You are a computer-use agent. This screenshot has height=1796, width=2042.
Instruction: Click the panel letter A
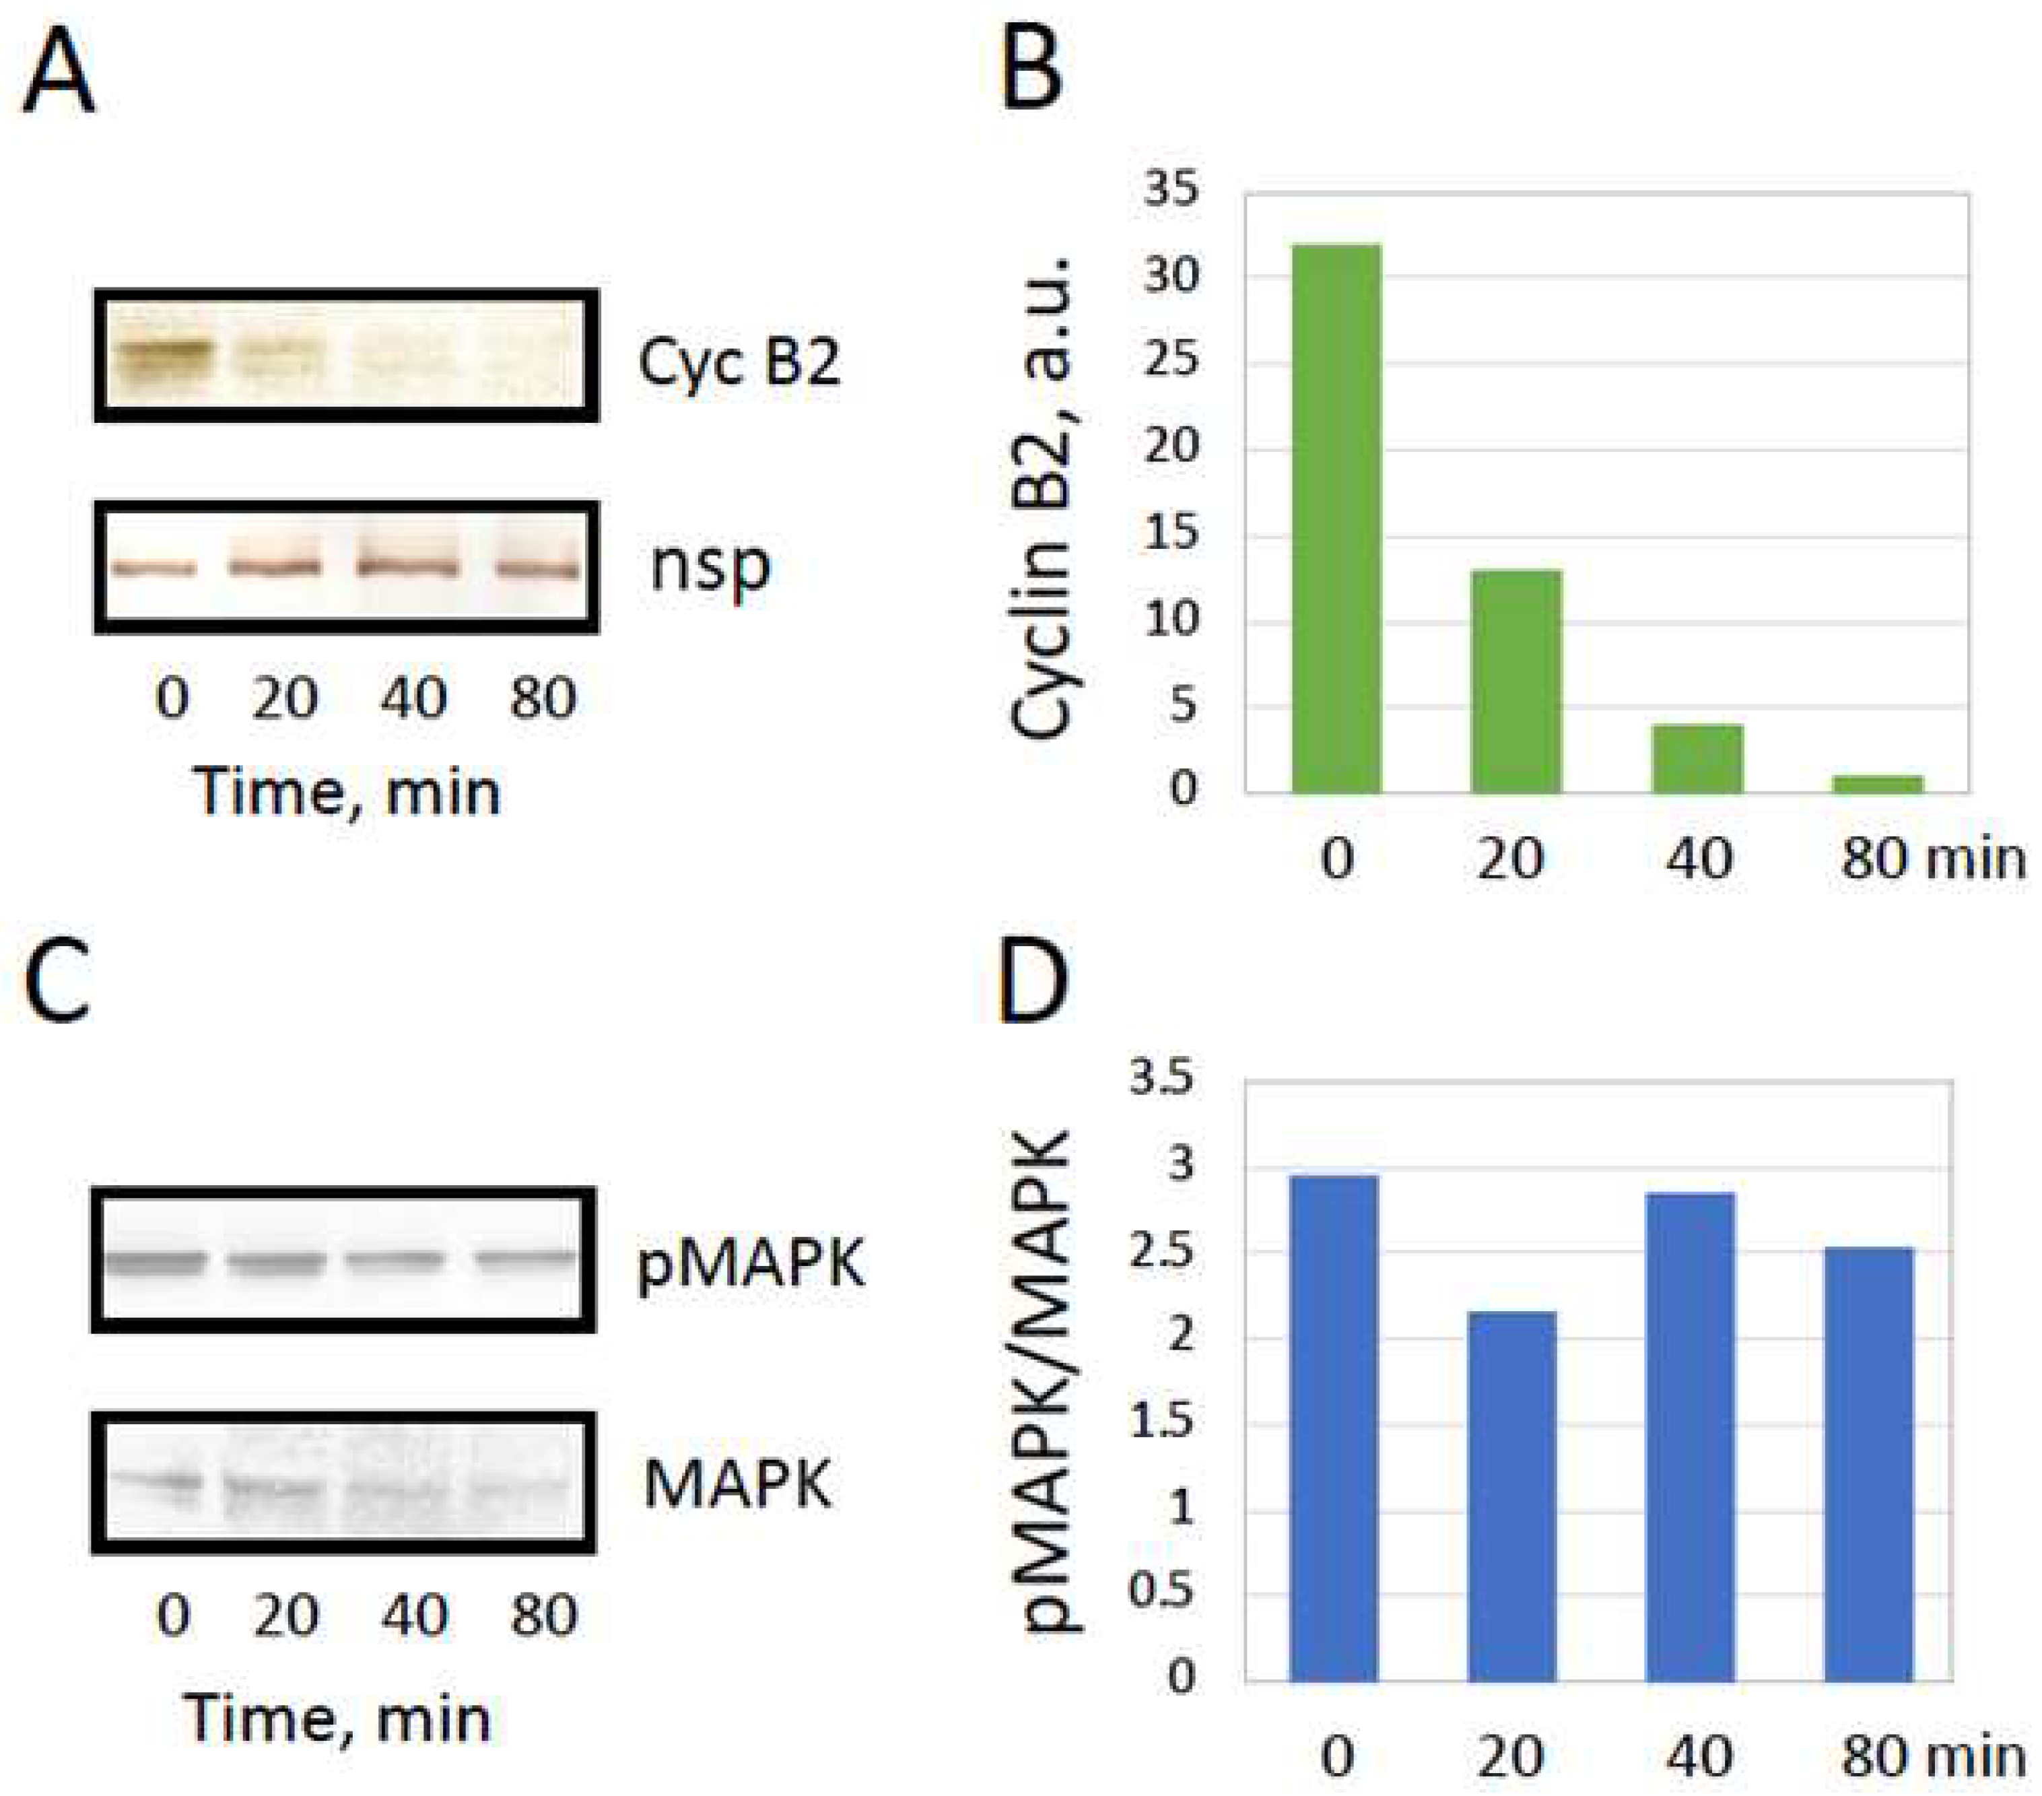(x=58, y=80)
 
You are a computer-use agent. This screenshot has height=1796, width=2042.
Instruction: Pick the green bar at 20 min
(x=1516, y=681)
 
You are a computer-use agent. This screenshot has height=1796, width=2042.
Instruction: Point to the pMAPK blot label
(x=750, y=1263)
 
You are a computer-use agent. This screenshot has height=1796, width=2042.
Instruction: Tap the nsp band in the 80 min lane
(x=537, y=570)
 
